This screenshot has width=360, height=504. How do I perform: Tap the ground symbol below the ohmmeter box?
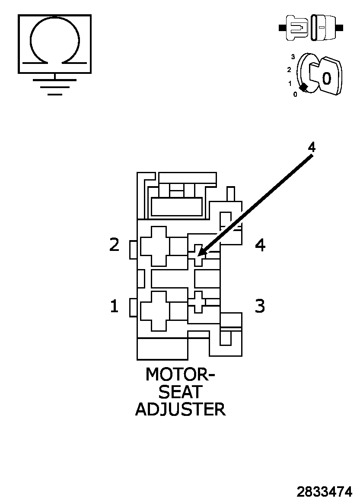pyautogui.click(x=54, y=86)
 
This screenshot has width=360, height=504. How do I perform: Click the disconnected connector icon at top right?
pyautogui.click(x=311, y=28)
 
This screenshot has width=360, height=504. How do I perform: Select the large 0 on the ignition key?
pyautogui.click(x=327, y=78)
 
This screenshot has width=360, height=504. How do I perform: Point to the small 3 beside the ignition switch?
pyautogui.click(x=293, y=57)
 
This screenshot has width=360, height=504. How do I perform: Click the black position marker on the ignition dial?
pyautogui.click(x=304, y=87)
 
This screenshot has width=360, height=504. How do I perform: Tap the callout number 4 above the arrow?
pyautogui.click(x=311, y=147)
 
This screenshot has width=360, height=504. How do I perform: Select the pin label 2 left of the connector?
pyautogui.click(x=114, y=245)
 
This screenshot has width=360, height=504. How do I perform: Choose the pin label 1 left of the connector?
pyautogui.click(x=114, y=306)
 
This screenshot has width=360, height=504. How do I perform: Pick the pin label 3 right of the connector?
pyautogui.click(x=259, y=306)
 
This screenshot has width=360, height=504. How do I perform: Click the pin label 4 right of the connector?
pyautogui.click(x=260, y=245)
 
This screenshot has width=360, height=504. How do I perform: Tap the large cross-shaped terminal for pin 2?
pyautogui.click(x=154, y=246)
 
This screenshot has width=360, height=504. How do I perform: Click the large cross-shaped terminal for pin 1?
pyautogui.click(x=154, y=311)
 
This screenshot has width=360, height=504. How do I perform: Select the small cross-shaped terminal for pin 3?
pyautogui.click(x=198, y=301)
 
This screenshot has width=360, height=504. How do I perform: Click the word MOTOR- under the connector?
pyautogui.click(x=180, y=374)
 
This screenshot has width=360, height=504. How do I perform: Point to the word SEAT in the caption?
pyautogui.click(x=180, y=392)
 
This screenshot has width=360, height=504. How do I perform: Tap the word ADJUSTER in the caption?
pyautogui.click(x=180, y=409)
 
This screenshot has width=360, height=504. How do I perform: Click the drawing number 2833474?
pyautogui.click(x=324, y=491)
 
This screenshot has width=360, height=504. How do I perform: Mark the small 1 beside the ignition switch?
pyautogui.click(x=290, y=83)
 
